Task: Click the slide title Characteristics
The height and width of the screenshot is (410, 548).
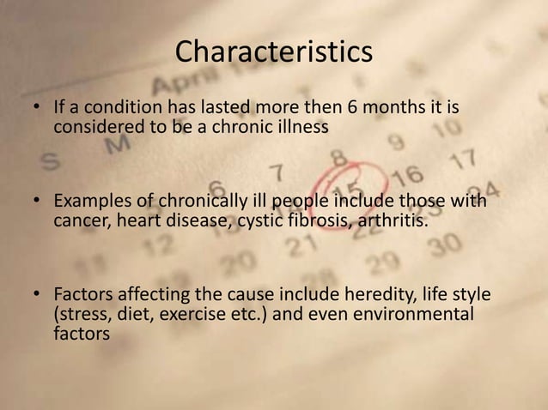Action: coord(273,52)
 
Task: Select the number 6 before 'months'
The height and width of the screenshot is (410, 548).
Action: coord(352,110)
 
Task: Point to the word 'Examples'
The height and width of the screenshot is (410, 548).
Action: coord(92,202)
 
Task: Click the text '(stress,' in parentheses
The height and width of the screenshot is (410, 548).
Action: coord(82,315)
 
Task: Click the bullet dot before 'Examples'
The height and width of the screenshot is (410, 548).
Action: coord(38,202)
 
